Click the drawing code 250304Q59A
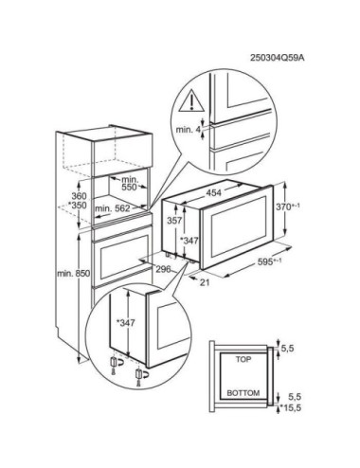[278, 58]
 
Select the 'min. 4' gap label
[188, 130]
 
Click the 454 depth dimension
[214, 192]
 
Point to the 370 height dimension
[288, 207]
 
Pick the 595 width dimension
[270, 261]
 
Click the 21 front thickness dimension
[205, 282]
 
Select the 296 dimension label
[163, 269]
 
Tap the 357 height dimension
[174, 221]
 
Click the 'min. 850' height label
[74, 274]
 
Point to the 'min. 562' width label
[113, 208]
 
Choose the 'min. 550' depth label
[129, 183]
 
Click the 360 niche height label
[79, 196]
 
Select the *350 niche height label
[78, 206]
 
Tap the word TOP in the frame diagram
[243, 359]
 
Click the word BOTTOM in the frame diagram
[243, 393]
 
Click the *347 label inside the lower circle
[126, 323]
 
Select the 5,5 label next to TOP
[287, 349]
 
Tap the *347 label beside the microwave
[189, 241]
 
